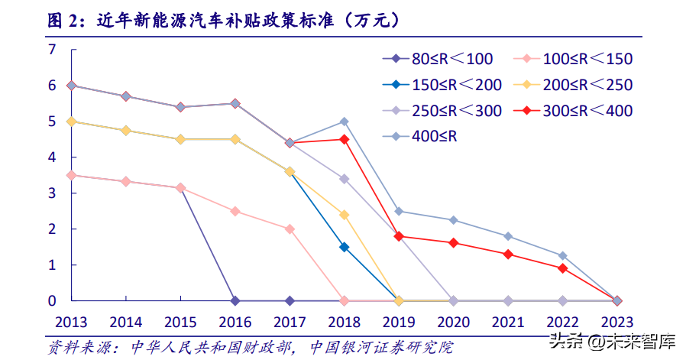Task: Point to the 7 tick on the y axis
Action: [x=53, y=50]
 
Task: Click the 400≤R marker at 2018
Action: [x=344, y=122]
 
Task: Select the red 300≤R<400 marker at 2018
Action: [x=344, y=139]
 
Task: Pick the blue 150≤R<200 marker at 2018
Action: [x=344, y=247]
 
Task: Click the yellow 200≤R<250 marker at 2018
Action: [x=344, y=215]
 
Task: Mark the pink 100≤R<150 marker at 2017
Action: [x=290, y=229]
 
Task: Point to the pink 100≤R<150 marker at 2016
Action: [x=235, y=211]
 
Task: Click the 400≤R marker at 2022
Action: [x=562, y=255]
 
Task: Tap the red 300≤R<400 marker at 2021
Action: [x=508, y=254]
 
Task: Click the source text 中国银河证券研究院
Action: [x=382, y=348]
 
